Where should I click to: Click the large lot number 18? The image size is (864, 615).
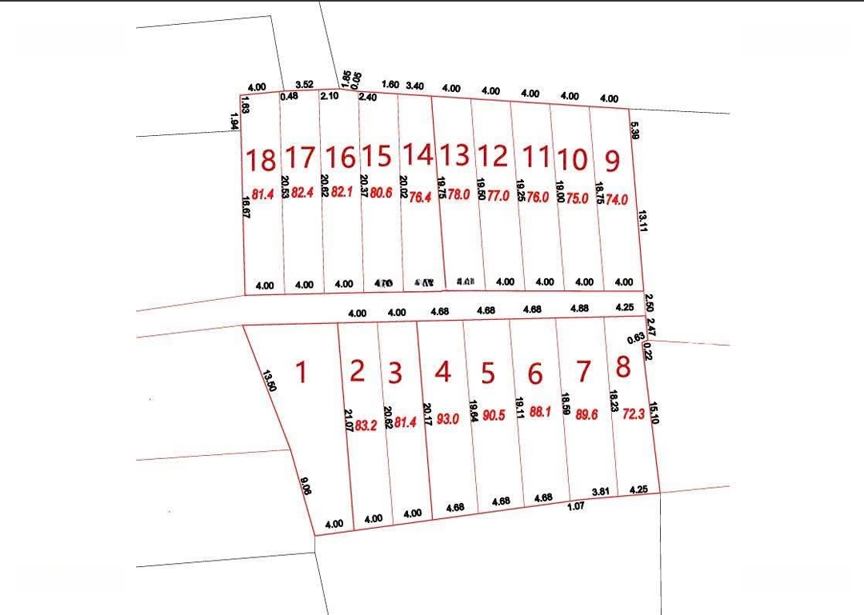click(261, 161)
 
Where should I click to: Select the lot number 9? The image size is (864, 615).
click(612, 162)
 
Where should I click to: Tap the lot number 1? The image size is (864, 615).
click(301, 372)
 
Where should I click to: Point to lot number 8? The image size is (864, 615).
click(623, 367)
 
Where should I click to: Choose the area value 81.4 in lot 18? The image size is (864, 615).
click(263, 194)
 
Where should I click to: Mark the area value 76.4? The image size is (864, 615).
click(421, 197)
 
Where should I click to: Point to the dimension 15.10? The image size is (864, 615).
click(654, 413)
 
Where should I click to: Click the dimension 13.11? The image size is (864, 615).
click(642, 221)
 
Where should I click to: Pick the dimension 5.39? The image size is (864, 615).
click(634, 130)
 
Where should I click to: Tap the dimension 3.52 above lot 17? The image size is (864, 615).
click(304, 83)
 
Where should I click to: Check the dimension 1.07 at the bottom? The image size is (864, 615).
click(576, 506)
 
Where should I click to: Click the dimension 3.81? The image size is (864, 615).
click(600, 491)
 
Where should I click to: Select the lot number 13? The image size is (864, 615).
click(455, 154)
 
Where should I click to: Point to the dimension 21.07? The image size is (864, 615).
click(348, 421)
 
